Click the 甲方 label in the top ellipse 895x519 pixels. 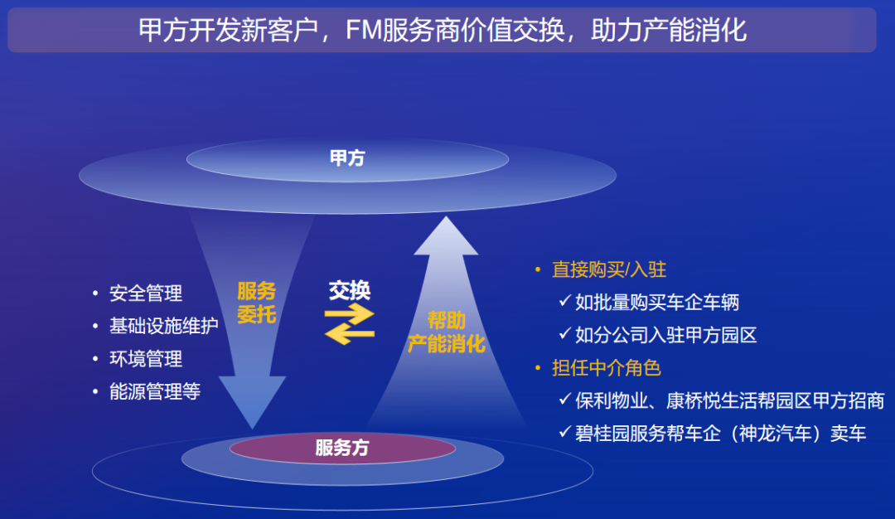coord(347,158)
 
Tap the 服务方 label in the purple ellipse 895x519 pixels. coord(342,447)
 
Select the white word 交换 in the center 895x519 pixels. coord(350,291)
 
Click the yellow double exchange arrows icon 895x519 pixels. coord(350,323)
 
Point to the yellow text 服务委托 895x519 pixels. coord(256,303)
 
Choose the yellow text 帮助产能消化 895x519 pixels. coord(447,332)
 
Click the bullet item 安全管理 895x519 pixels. coord(146,293)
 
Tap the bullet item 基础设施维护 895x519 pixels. coord(164,326)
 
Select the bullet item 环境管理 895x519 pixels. coord(146,359)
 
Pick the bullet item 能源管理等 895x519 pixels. coord(155,391)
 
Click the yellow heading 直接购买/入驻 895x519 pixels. coord(609,269)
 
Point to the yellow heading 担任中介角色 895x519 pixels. coord(606,368)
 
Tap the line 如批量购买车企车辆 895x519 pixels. coord(657,302)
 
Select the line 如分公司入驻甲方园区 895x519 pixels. coord(665,335)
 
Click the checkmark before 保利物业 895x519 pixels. coord(565,399)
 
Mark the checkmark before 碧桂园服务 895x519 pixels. coord(565,432)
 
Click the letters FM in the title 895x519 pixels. coord(364,30)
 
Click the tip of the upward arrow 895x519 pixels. coord(446,216)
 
